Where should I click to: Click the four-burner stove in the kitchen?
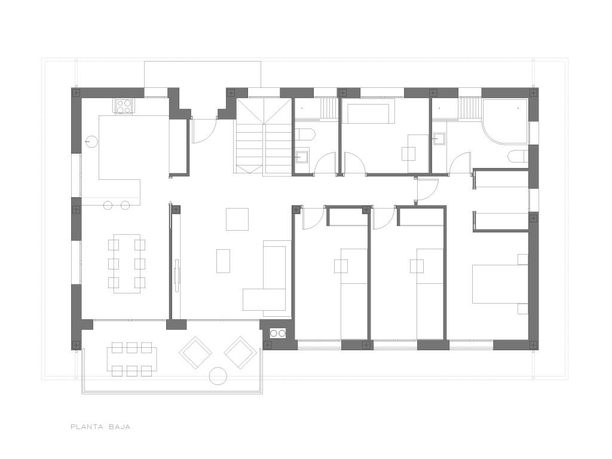[x=124, y=105]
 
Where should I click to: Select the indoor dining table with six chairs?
[x=127, y=264]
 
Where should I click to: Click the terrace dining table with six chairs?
[x=132, y=359]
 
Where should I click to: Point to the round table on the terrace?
[x=218, y=377]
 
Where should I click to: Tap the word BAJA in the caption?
[x=120, y=427]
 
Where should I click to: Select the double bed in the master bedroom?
[x=500, y=284]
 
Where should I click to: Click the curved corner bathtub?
[x=505, y=121]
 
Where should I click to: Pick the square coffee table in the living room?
[x=237, y=219]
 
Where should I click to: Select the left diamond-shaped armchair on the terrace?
[x=195, y=353]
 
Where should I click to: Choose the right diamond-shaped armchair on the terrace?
[x=240, y=353]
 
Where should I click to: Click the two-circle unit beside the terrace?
[x=278, y=333]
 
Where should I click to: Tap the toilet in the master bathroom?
[x=518, y=157]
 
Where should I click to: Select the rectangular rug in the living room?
[x=224, y=261]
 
